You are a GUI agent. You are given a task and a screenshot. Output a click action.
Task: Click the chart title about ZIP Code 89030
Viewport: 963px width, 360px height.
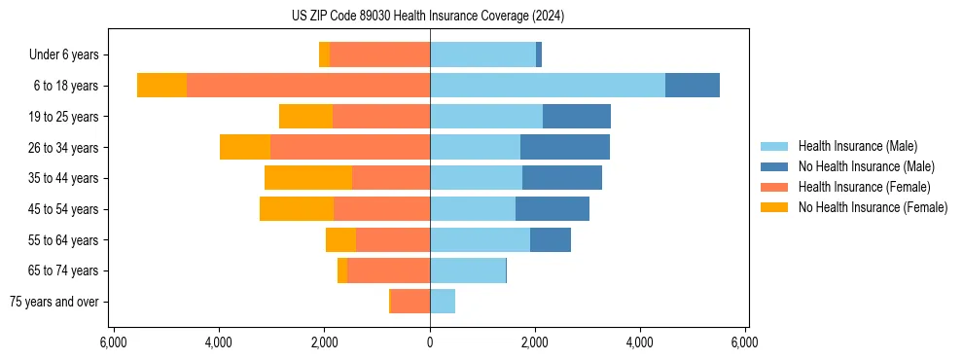[427, 17]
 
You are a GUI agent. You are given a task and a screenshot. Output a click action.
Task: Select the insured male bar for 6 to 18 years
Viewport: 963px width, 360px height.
[548, 86]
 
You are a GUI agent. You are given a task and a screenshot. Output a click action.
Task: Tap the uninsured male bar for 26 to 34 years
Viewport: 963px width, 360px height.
[565, 147]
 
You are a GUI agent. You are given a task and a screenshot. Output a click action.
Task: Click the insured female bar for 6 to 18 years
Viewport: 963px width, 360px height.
[308, 86]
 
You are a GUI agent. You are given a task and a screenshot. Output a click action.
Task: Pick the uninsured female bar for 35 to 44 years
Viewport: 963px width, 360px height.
[308, 178]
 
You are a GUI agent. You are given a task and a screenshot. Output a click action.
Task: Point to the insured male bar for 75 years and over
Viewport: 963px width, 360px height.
[443, 302]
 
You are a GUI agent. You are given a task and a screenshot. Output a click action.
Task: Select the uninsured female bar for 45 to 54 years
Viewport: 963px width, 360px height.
[297, 209]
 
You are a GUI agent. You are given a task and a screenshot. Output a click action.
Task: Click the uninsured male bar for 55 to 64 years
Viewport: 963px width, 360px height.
[551, 240]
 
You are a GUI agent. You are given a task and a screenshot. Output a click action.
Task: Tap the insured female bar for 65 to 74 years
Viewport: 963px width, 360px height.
[388, 270]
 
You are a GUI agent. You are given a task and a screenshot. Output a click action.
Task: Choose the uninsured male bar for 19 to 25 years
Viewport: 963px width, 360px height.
[577, 117]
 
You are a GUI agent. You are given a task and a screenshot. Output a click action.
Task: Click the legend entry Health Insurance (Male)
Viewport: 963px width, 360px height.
[857, 146]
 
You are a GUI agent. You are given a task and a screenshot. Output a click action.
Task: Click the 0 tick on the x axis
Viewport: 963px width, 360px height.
[430, 342]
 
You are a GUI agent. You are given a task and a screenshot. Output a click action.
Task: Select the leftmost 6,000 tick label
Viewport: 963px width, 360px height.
[114, 342]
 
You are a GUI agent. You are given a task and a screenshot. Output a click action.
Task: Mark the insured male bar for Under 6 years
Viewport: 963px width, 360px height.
[482, 55]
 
